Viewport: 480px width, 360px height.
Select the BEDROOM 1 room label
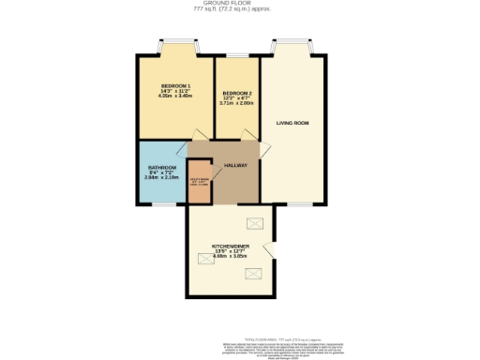pyautogui.click(x=175, y=84)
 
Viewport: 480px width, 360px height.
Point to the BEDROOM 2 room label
pyautogui.click(x=237, y=93)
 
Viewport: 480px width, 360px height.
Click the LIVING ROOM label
pyautogui.click(x=292, y=123)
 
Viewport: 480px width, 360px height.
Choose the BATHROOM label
pyautogui.click(x=161, y=168)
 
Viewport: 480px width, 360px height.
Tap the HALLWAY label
pyautogui.click(x=235, y=165)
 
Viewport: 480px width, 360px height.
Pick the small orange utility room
pyautogui.click(x=200, y=186)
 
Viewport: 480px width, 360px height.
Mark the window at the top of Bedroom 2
pyautogui.click(x=237, y=57)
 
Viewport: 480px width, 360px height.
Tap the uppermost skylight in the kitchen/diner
pyautogui.click(x=254, y=223)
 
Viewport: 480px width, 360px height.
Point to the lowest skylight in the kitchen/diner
pyautogui.click(x=253, y=273)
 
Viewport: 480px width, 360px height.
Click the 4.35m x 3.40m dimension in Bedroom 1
pyautogui.click(x=175, y=96)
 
